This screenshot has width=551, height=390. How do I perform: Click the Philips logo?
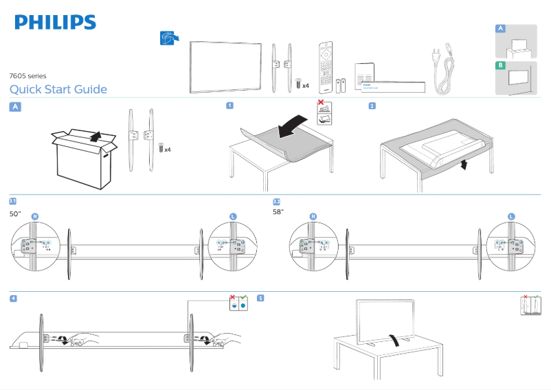pos(56,23)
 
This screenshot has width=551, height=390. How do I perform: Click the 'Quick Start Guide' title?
pos(58,89)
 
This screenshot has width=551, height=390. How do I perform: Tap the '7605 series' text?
pos(27,76)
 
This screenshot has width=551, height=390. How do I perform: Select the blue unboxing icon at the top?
pos(168,38)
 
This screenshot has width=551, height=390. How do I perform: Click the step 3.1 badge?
pos(12,201)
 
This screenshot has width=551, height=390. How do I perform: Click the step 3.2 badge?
pos(276,201)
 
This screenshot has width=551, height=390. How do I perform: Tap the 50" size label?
pos(15,214)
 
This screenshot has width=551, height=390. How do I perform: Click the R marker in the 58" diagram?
pos(313,216)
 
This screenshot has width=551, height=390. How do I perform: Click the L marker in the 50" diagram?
pos(233,216)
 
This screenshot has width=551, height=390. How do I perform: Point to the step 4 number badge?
pos(14,298)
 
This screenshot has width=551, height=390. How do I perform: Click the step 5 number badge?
pos(260,298)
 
